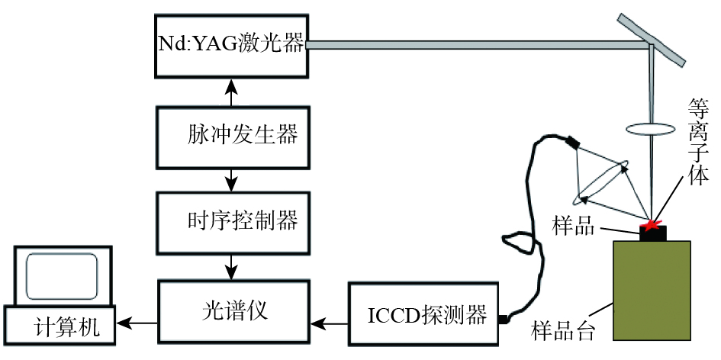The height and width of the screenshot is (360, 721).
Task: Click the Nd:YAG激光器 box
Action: pyautogui.click(x=232, y=46)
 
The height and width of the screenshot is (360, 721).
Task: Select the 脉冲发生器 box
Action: pyautogui.click(x=233, y=137)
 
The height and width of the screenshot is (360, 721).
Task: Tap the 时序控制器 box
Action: pyautogui.click(x=233, y=222)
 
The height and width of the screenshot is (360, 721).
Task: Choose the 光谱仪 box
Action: pyautogui.click(x=233, y=311)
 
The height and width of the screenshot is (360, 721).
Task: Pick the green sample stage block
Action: pyautogui.click(x=652, y=290)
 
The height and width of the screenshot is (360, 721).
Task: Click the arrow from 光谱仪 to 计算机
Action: pyautogui.click(x=137, y=324)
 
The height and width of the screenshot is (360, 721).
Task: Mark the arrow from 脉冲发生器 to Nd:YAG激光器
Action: pyautogui.click(x=233, y=92)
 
